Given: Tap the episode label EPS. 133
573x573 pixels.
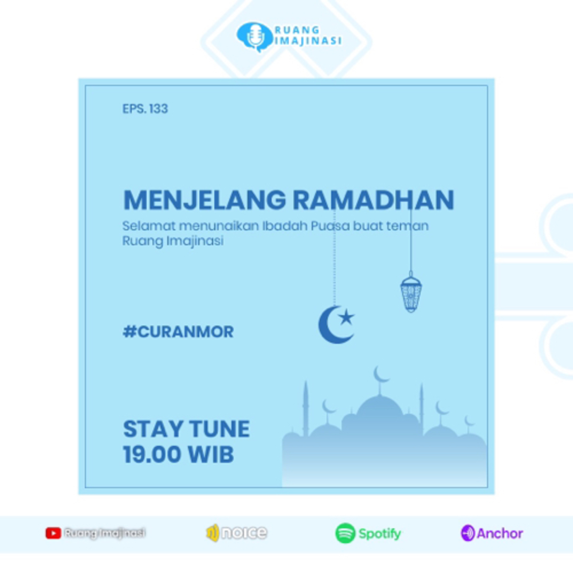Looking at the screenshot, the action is click(x=145, y=109).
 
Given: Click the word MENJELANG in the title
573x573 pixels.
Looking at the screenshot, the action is click(x=204, y=200).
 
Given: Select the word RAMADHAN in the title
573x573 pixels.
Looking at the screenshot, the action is click(x=373, y=200).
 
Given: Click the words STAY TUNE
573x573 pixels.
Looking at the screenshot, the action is click(x=186, y=429).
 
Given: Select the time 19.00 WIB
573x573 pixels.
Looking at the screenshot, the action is click(x=178, y=454).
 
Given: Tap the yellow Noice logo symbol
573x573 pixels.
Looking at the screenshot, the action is click(x=213, y=533).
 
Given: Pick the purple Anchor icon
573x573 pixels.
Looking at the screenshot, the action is click(x=468, y=533).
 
